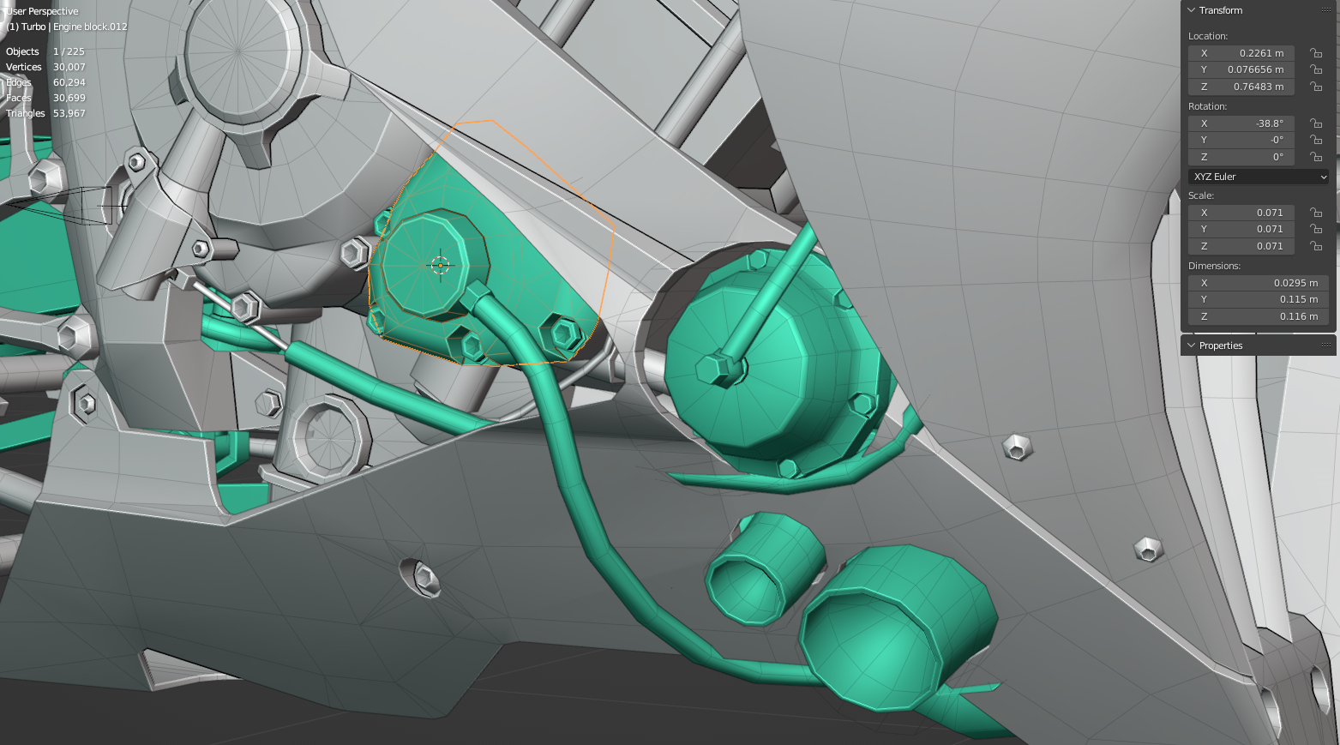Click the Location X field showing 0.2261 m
1241,53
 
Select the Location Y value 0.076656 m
1241,69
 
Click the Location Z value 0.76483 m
1241,87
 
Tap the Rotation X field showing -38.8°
1241,123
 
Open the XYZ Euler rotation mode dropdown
1258,177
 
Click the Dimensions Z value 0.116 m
1258,316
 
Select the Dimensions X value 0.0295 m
1258,282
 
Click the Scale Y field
1241,229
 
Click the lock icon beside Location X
1315,53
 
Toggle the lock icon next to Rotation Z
1315,157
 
